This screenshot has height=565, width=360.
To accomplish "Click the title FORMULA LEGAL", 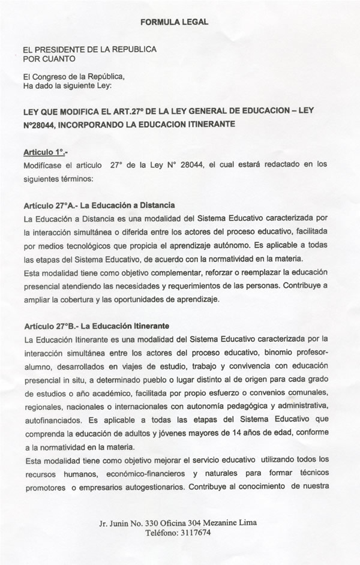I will pyautogui.click(x=174, y=22).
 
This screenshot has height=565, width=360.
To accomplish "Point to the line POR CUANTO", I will pyautogui.click(x=49, y=59).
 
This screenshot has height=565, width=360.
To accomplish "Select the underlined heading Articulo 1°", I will pyautogui.click(x=43, y=152).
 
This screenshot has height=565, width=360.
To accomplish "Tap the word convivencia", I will pyautogui.click(x=232, y=366).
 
